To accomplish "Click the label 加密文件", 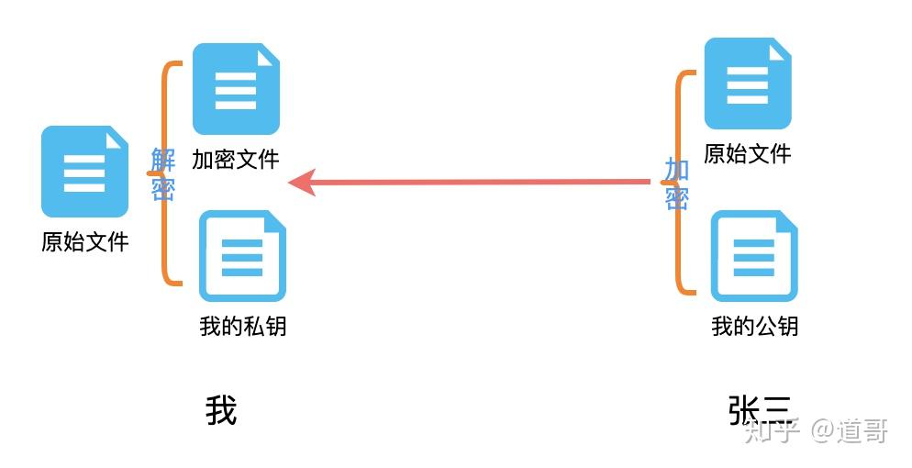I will [x=235, y=159].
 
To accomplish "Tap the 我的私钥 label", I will [x=243, y=325].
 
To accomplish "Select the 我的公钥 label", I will [x=755, y=325].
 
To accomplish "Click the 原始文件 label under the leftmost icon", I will [x=84, y=241].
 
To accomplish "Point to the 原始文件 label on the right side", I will [x=747, y=153].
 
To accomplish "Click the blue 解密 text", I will [x=162, y=174].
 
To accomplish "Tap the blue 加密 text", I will [x=676, y=184].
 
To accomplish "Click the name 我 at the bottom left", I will [x=221, y=410].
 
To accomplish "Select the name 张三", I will [x=758, y=409].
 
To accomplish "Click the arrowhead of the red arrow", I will [x=301, y=183].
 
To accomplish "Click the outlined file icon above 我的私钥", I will [x=242, y=256].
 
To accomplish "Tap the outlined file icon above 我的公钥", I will [x=754, y=256].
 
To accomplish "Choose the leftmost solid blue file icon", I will [x=84, y=172].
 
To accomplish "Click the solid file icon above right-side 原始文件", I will [x=747, y=84].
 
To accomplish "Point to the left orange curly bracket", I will [x=169, y=173].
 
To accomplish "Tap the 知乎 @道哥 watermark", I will [x=816, y=430].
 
